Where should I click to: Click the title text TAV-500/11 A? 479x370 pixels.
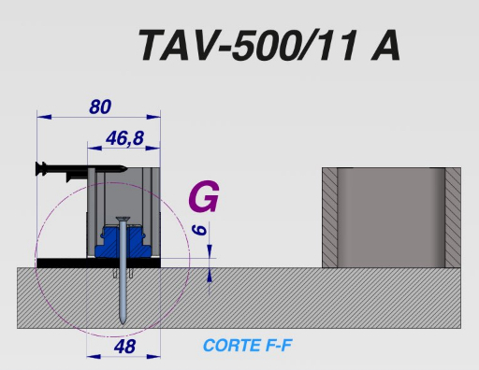point(269,46)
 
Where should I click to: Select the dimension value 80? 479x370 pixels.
point(100,107)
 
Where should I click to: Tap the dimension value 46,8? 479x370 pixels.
point(124,138)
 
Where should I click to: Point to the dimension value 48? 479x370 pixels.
point(124,347)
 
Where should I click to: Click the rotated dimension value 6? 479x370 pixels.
point(199,230)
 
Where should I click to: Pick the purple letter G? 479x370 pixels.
point(204,196)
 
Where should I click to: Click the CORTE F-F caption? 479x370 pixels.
point(247,346)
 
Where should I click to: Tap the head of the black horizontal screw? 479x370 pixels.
point(41,168)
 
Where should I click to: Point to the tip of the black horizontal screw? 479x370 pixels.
point(126,169)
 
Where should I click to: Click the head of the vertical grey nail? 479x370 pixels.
point(123,220)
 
